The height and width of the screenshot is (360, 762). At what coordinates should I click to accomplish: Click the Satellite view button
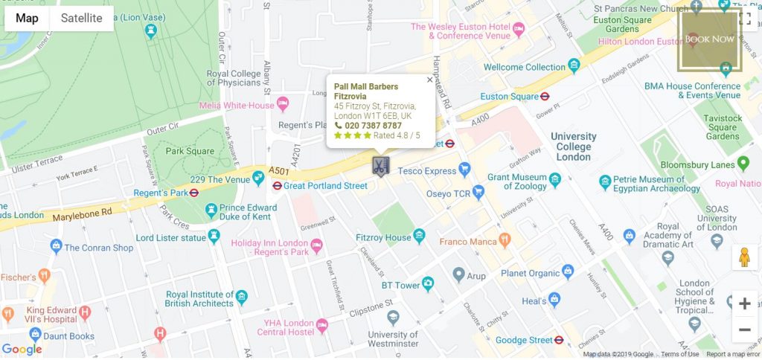click(x=82, y=19)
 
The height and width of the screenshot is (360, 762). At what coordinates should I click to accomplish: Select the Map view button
click(x=28, y=19)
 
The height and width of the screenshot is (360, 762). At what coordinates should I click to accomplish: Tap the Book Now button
click(x=709, y=39)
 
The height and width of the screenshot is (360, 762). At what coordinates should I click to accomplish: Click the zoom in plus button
click(x=744, y=303)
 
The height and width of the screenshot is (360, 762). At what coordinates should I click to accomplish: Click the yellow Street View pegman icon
click(x=744, y=257)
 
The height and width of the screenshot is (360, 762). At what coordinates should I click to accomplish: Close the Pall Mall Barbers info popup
click(x=429, y=80)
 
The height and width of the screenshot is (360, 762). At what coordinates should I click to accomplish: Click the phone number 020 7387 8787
click(x=373, y=126)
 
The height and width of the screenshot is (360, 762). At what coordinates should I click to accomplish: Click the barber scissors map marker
click(x=380, y=166)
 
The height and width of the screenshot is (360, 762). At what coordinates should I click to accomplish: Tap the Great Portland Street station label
click(x=325, y=185)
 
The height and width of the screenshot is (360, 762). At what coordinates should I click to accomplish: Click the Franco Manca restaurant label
click(x=469, y=241)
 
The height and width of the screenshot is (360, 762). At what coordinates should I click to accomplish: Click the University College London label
click(x=573, y=147)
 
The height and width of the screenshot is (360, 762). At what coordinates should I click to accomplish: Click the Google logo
click(x=22, y=349)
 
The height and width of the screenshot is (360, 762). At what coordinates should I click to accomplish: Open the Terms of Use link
click(x=679, y=354)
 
